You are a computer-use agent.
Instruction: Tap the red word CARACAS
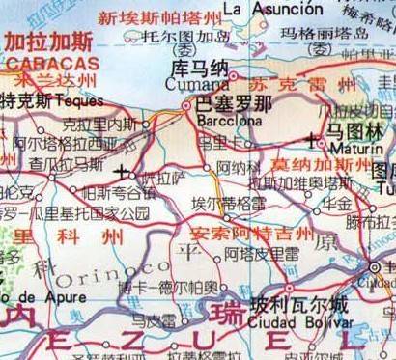tap(43, 64)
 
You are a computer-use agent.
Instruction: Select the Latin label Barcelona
tap(223, 122)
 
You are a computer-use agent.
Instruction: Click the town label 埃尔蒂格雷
tap(228, 205)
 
